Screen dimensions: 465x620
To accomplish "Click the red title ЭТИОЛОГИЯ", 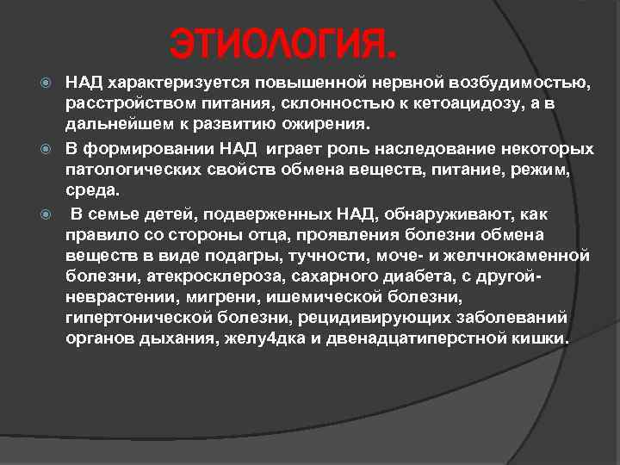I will pyautogui.click(x=283, y=42).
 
